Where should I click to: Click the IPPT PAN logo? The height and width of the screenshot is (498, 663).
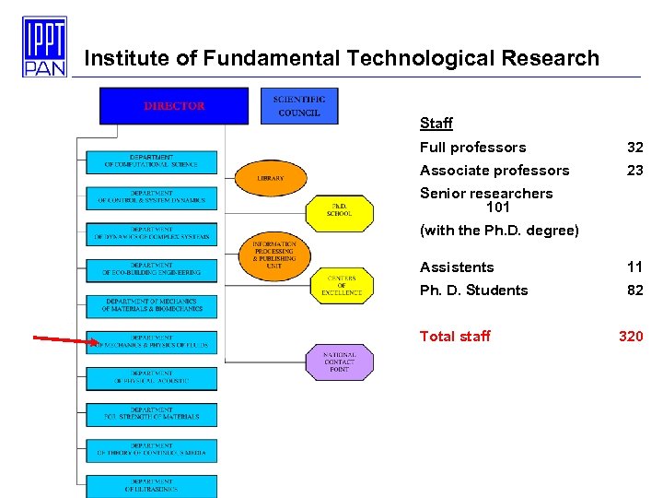click(x=44, y=46)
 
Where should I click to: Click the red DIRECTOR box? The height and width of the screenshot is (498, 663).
click(x=174, y=106)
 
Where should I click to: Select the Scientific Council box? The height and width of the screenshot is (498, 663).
click(x=299, y=106)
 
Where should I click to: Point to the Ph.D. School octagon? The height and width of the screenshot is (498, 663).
click(x=339, y=210)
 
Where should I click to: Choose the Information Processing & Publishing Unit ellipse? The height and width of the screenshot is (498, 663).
click(x=273, y=255)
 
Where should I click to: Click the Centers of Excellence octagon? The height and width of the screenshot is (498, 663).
click(x=342, y=286)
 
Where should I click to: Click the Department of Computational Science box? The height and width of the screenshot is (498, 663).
click(x=152, y=161)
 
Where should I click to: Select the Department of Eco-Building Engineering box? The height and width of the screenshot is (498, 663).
click(x=152, y=269)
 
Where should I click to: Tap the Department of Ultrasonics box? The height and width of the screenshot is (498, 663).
click(x=152, y=486)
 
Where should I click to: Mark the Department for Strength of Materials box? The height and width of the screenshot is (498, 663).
click(x=152, y=414)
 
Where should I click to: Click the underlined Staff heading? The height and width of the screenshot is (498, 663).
click(x=436, y=124)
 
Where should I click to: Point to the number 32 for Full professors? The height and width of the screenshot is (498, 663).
click(x=635, y=148)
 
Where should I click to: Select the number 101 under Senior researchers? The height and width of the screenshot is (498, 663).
click(x=497, y=207)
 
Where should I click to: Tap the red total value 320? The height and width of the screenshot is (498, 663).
click(x=631, y=337)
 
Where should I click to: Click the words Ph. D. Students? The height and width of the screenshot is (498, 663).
click(x=473, y=290)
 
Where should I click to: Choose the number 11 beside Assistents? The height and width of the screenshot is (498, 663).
click(x=635, y=267)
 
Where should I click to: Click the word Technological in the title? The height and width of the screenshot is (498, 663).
click(x=424, y=59)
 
